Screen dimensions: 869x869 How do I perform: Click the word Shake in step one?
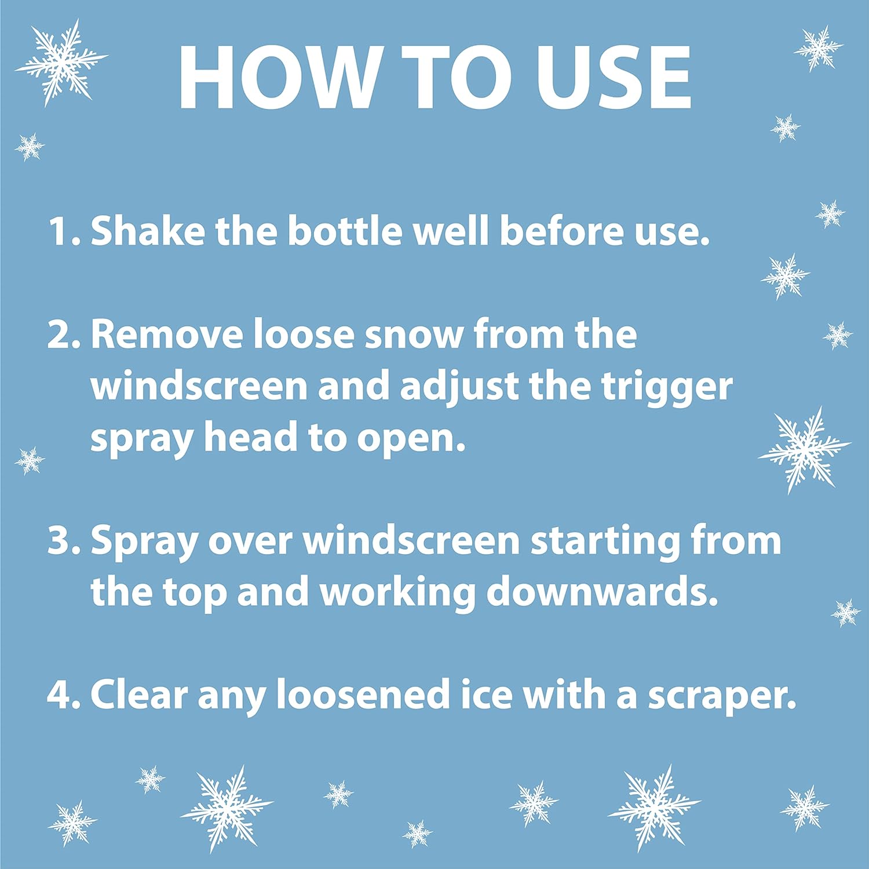pos(148,230)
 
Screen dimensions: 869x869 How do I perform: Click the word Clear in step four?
pos(139,694)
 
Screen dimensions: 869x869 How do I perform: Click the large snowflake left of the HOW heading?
pos(61,62)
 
